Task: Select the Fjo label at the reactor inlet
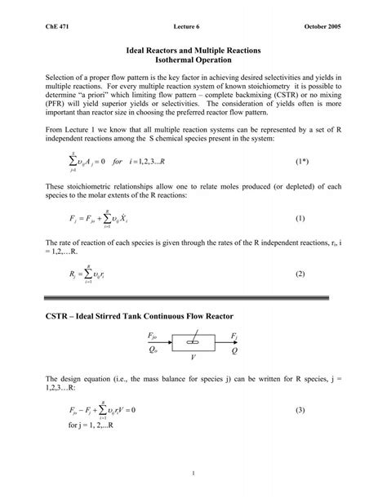pos(151,336)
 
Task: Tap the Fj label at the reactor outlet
pos(234,336)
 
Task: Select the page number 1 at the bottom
pos(193,474)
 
